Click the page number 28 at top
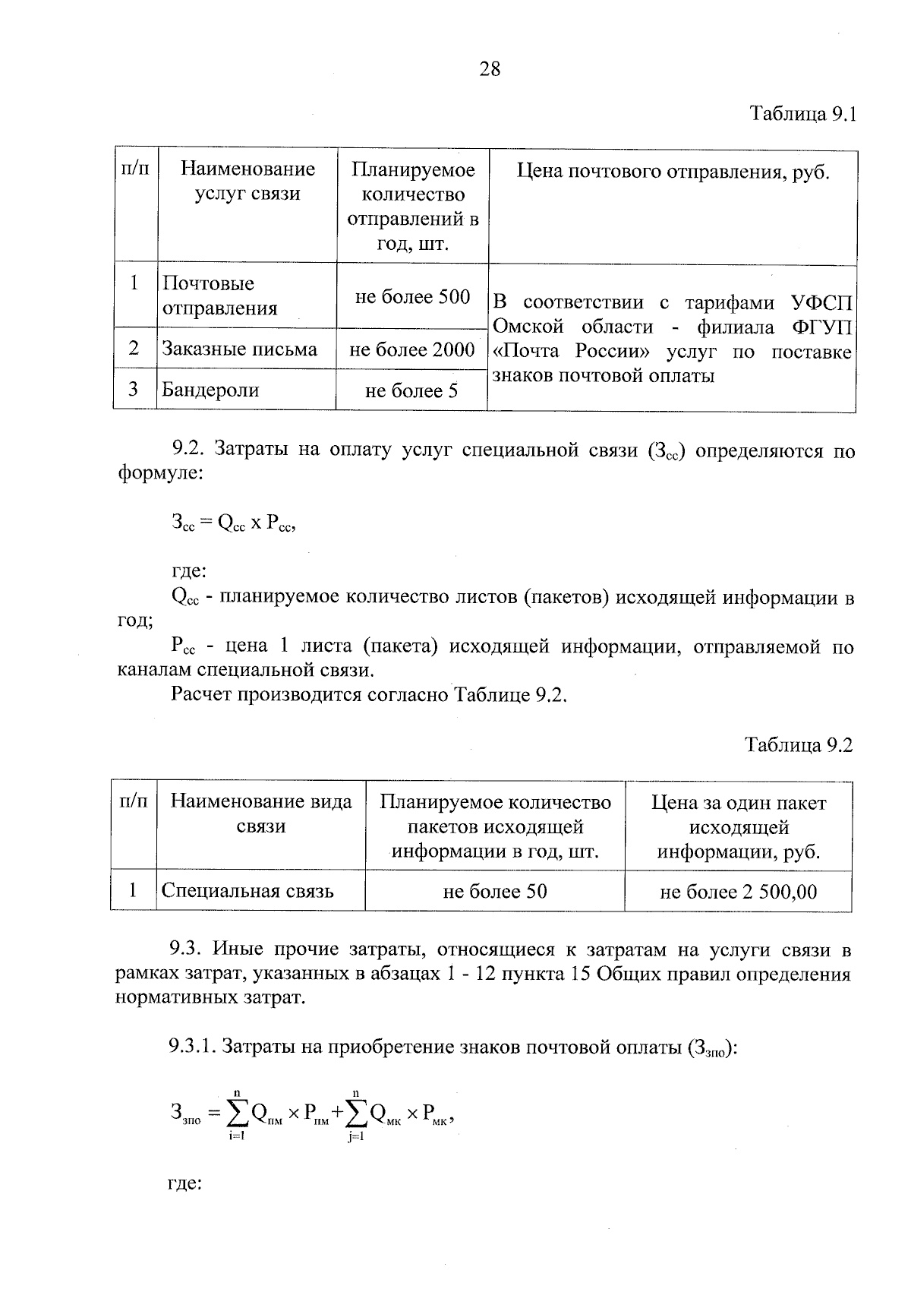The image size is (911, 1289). (490, 70)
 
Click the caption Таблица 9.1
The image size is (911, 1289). (802, 115)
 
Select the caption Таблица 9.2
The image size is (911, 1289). (799, 744)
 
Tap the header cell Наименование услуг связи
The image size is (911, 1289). (247, 182)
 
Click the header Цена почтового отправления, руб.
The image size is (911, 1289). (673, 172)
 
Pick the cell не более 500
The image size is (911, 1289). (412, 297)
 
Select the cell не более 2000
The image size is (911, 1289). (412, 349)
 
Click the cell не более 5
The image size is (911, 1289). (412, 391)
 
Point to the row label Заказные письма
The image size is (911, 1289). (239, 349)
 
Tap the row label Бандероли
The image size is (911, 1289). (210, 390)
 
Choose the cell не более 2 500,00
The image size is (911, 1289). (738, 892)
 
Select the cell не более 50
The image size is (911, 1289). (494, 892)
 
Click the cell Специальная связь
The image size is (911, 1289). (247, 891)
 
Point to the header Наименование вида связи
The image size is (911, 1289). (260, 814)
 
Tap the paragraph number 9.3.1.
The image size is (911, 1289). (192, 1048)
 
